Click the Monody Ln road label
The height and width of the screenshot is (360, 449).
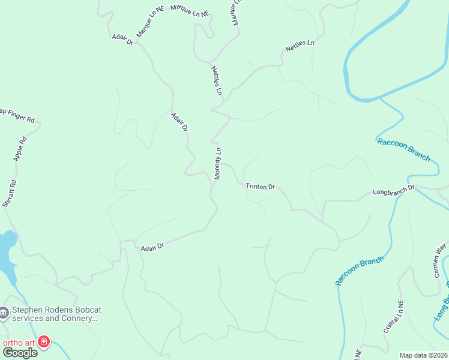[x=218, y=163]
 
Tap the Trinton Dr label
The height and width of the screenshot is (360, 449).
[x=260, y=187]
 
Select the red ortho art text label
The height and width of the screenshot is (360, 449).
[x=18, y=343]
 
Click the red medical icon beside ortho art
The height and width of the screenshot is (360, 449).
[x=43, y=342]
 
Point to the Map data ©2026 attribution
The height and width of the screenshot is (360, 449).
[x=424, y=355]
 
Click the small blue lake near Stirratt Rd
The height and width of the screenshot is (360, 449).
[x=6, y=252]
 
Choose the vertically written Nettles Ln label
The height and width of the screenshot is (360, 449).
[x=217, y=81]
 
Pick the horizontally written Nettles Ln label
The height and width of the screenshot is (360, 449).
[x=300, y=45]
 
